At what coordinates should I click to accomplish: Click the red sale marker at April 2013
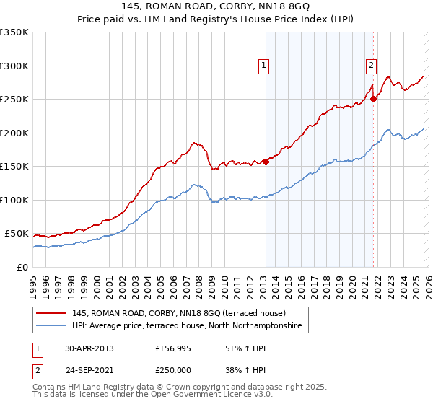(x=266, y=162)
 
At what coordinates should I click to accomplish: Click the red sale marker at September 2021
(x=373, y=100)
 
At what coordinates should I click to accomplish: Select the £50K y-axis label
(x=17, y=234)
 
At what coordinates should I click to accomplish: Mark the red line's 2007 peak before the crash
(x=194, y=143)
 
